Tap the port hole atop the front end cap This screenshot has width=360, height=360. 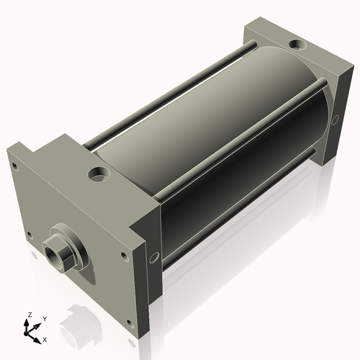[96, 174]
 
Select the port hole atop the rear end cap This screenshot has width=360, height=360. [296, 46]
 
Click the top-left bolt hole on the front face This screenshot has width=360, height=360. [14, 166]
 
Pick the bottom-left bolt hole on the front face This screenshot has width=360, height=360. [29, 235]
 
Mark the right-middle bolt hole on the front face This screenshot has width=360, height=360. [125, 255]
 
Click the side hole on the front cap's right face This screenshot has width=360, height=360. [152, 256]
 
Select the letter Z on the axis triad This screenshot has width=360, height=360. [30, 315]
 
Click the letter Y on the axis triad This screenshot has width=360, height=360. [45, 319]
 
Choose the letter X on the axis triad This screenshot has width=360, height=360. [45, 338]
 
